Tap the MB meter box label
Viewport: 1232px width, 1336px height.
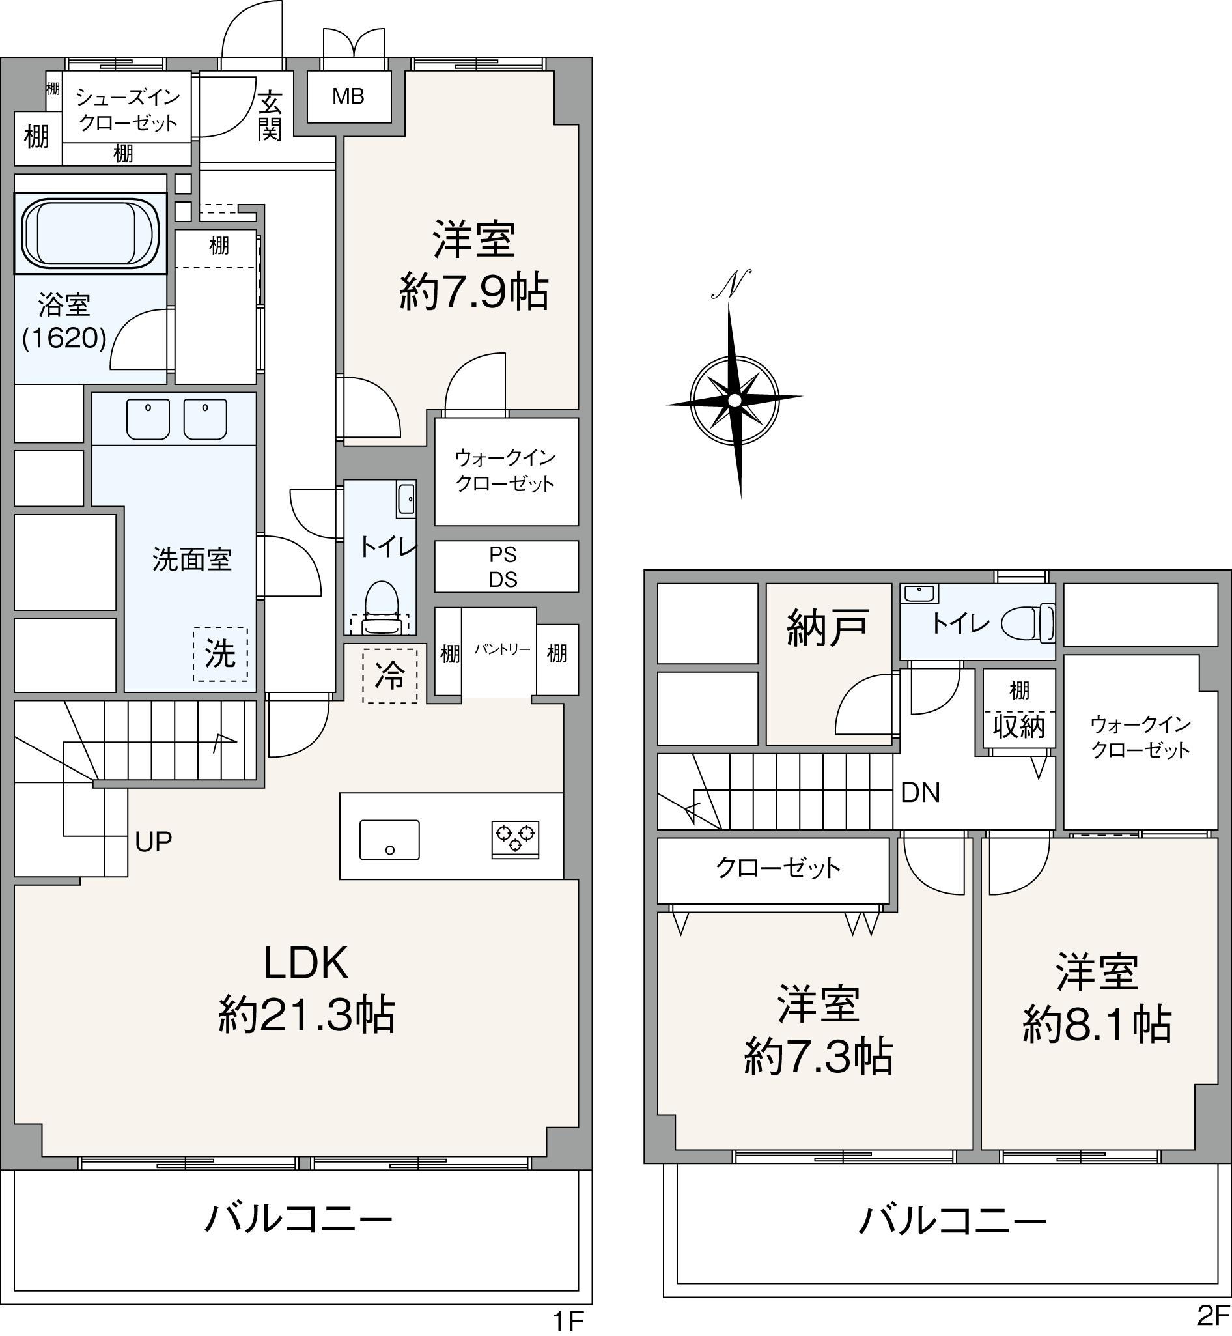(348, 96)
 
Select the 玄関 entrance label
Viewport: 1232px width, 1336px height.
(270, 116)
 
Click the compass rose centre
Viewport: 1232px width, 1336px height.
(734, 400)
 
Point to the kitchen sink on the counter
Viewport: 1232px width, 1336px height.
(389, 840)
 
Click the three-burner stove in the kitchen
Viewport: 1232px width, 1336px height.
(515, 838)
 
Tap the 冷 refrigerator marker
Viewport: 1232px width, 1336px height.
(390, 675)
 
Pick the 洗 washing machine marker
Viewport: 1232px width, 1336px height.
(220, 653)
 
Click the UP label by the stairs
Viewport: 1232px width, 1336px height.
(153, 842)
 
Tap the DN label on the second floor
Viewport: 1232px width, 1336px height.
(920, 792)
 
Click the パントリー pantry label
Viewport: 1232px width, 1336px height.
(502, 649)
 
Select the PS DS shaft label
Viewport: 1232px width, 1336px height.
(503, 567)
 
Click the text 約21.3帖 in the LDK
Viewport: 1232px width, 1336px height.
(307, 1014)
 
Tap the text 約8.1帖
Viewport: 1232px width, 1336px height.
(1097, 1024)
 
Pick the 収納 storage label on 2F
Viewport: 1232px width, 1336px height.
(1018, 726)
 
